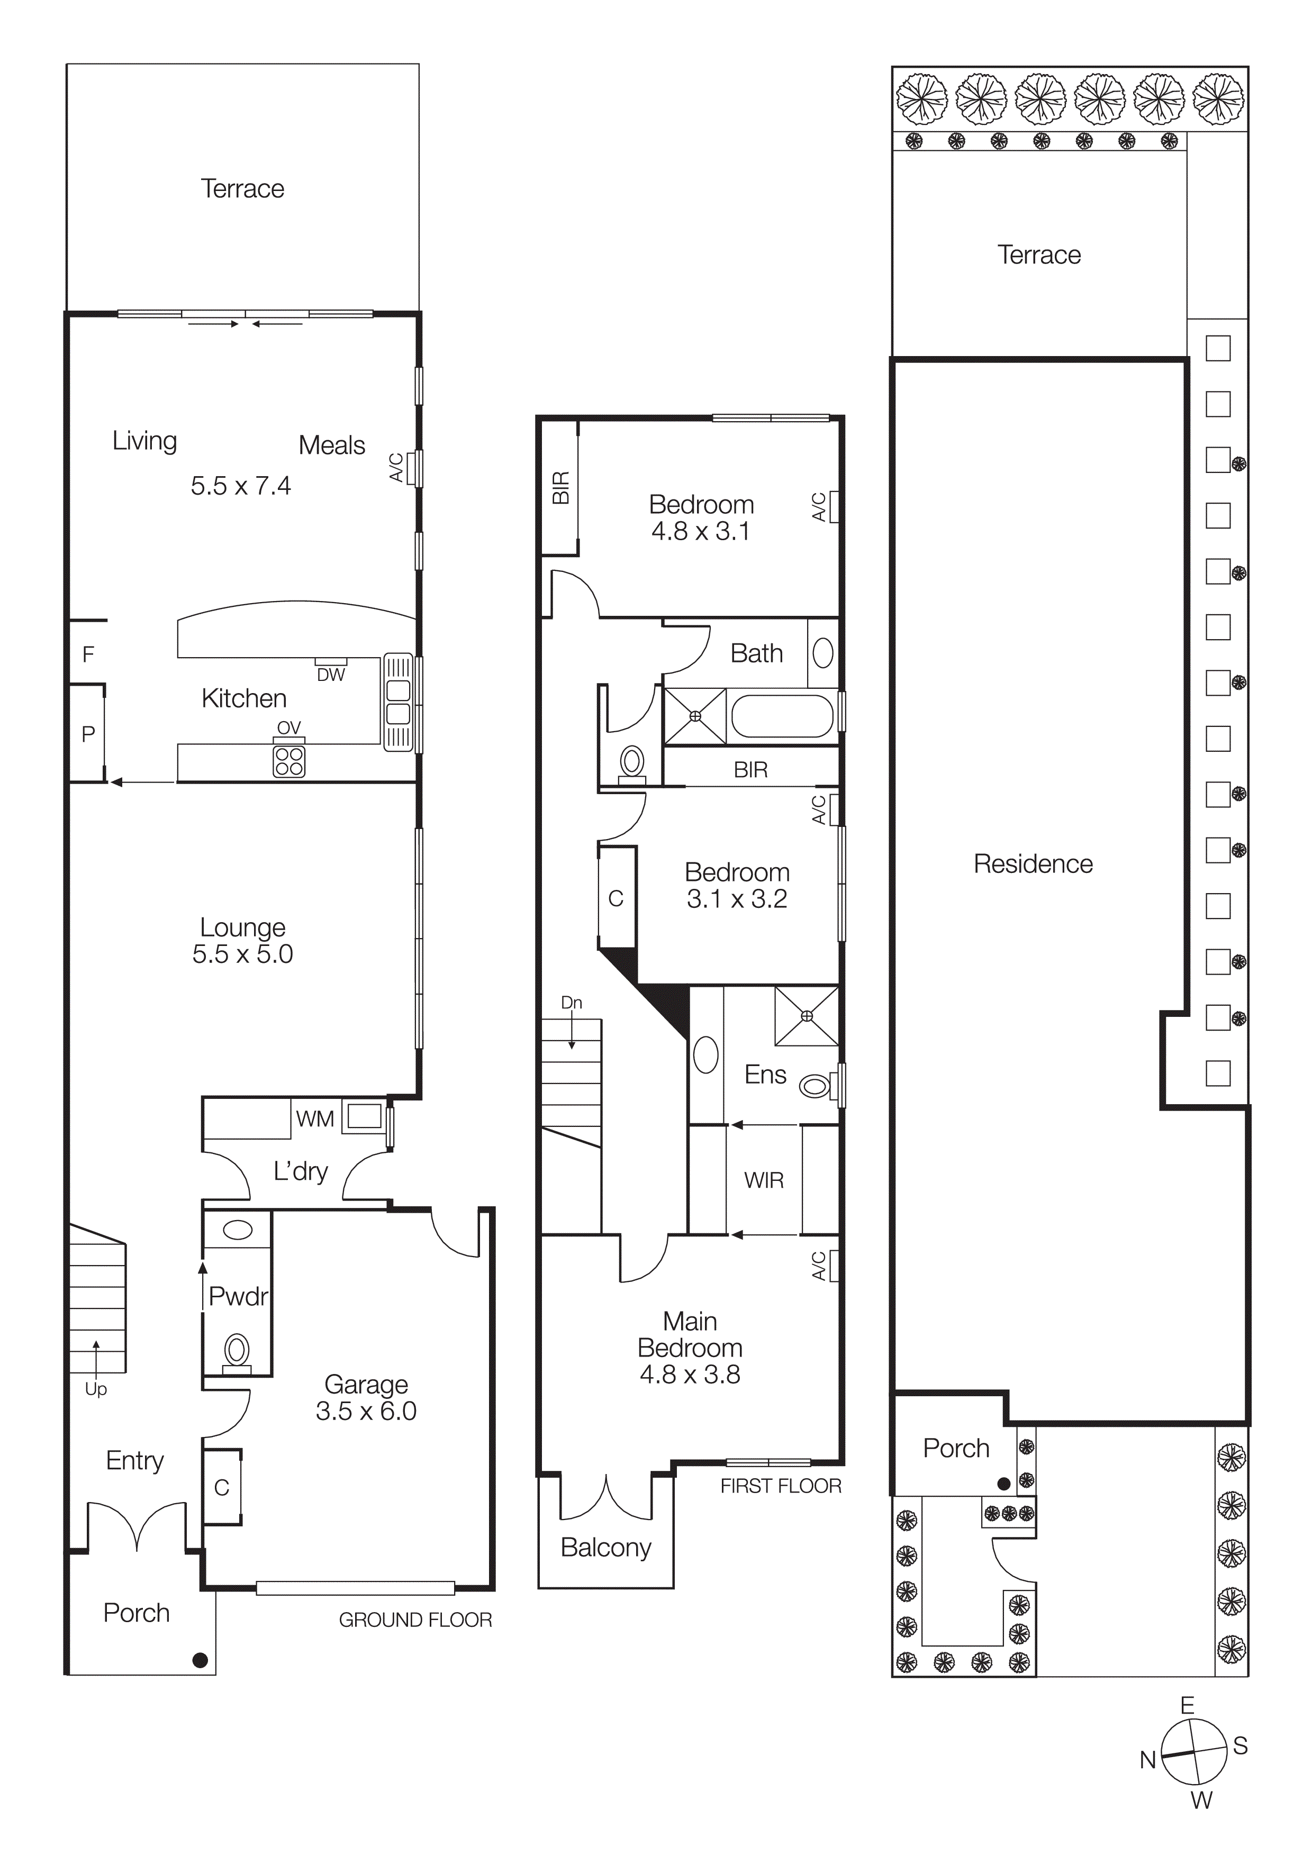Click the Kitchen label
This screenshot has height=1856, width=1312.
[243, 698]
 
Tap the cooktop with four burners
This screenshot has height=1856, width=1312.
[288, 761]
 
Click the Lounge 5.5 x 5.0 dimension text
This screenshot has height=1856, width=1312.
[242, 954]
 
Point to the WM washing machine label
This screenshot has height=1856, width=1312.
[314, 1119]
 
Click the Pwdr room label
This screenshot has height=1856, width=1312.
[237, 1297]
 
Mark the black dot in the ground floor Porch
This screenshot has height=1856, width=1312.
[200, 1660]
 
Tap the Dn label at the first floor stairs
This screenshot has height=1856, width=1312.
[572, 1003]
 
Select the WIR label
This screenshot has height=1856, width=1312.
[764, 1180]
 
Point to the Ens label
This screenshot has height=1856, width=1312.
[765, 1075]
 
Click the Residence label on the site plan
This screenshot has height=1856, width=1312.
[1033, 864]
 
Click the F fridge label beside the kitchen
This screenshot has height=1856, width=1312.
[88, 654]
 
